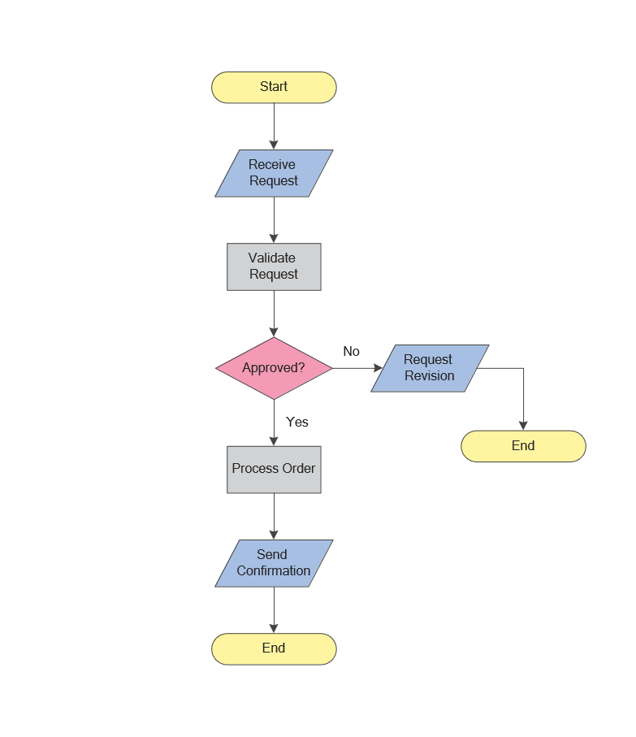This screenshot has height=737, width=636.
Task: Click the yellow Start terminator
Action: [x=274, y=87]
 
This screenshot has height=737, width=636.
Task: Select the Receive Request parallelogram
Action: [x=274, y=173]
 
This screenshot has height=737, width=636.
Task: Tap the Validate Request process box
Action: [x=274, y=267]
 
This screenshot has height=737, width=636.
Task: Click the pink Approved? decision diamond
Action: [x=274, y=368]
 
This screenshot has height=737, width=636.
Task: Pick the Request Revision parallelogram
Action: [x=430, y=368]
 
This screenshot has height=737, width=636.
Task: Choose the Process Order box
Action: [x=274, y=469]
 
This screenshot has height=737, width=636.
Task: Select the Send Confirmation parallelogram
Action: [x=274, y=563]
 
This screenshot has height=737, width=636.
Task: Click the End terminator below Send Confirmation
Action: [x=274, y=648]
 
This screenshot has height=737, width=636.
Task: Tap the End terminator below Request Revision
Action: [x=523, y=446]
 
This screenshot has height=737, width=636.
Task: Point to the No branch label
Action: [x=351, y=351]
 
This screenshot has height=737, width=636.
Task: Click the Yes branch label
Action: [x=297, y=422]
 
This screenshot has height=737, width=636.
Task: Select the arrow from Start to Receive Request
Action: [x=274, y=126]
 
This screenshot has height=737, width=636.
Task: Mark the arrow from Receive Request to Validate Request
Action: [x=274, y=219]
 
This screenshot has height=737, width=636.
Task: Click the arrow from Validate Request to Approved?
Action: [x=274, y=314]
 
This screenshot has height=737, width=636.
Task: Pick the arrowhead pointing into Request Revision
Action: [x=378, y=368]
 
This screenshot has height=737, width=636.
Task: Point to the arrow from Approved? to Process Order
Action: [x=274, y=423]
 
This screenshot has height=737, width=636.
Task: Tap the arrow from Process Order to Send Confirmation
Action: [x=274, y=516]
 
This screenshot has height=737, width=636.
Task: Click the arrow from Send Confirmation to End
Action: [x=274, y=609]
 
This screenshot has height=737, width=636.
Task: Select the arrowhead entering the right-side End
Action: [x=523, y=426]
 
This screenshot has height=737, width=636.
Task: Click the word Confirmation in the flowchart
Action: [x=274, y=571]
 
